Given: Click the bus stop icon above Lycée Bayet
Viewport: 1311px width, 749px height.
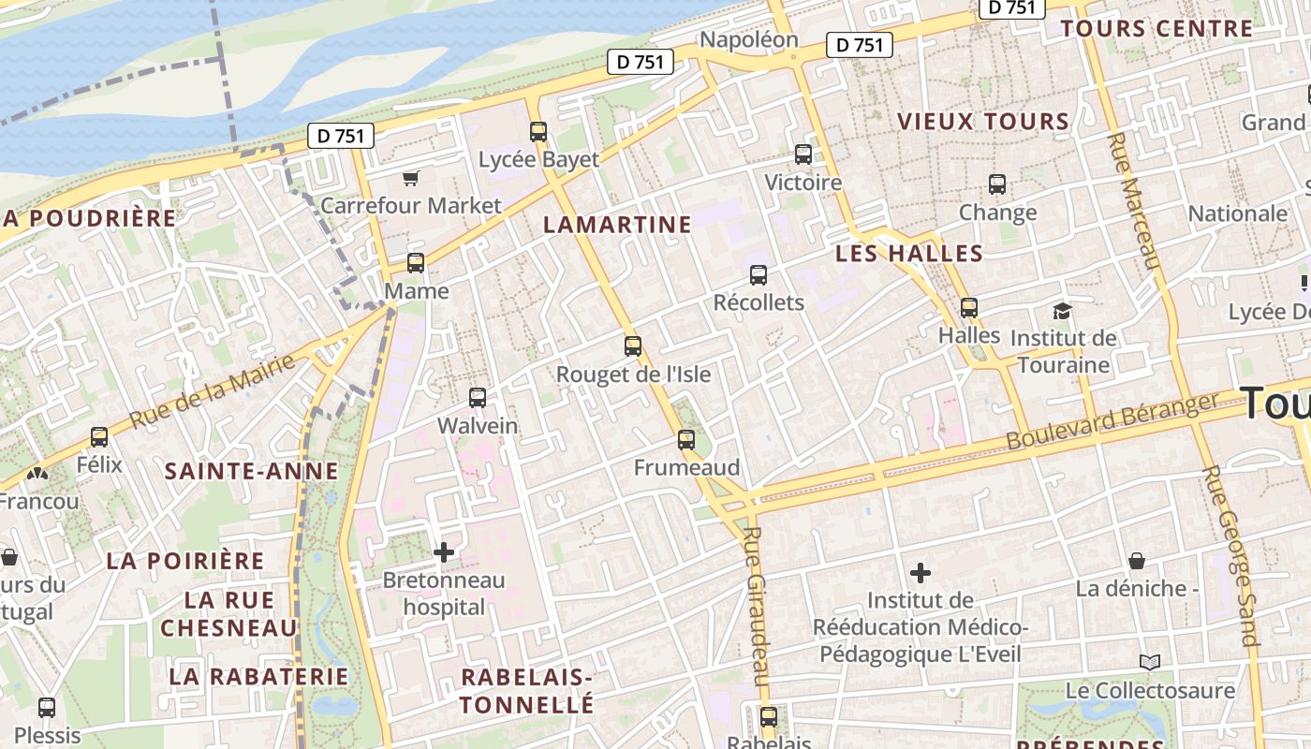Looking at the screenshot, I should coord(538,132).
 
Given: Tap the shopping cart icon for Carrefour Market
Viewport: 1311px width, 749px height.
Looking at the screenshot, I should coord(410,178).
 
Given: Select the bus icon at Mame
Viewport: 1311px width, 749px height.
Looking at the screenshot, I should coord(416,263).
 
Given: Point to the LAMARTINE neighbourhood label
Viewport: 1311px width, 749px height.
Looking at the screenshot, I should coord(617,225).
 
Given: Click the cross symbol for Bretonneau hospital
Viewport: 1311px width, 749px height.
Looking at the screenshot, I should coord(444,552).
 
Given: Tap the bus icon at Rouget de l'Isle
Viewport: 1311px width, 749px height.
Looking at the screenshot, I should coord(633,346).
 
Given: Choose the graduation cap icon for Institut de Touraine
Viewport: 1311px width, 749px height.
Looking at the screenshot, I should coord(1062,311).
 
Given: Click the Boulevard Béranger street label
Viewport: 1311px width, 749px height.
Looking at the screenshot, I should coord(1112,421).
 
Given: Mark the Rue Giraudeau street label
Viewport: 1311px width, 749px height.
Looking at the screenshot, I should coord(756,605).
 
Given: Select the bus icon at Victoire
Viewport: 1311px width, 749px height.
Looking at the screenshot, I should coord(803,154).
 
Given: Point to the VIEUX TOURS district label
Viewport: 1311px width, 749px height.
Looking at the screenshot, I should coord(983,122).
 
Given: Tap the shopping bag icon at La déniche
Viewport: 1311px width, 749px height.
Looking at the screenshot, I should coord(1137,561).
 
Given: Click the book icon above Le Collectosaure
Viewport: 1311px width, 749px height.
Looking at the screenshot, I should coord(1150,663).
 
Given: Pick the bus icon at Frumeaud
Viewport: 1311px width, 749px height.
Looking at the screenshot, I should coord(686,440).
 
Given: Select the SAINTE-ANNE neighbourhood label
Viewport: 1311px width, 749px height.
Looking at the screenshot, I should coord(251,471).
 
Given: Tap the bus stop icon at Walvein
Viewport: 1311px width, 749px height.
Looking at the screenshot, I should coord(478,398).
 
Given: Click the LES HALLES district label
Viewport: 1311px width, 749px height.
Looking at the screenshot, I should coord(909,254).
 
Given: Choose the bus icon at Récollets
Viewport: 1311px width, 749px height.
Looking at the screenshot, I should coord(759,275).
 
